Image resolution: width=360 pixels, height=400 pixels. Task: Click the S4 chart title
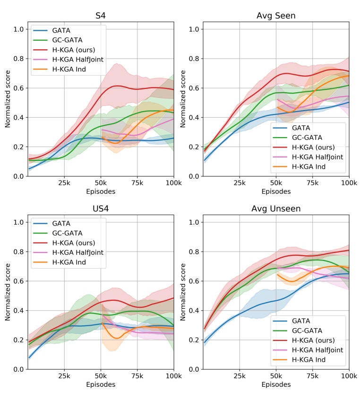(x=101, y=16)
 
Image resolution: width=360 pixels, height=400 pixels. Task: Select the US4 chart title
(x=101, y=209)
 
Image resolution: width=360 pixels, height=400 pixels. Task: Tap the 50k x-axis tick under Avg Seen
(x=276, y=183)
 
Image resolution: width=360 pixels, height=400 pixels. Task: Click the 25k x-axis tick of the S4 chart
(x=64, y=183)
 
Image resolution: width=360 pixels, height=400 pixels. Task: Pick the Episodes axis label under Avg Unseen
(x=276, y=384)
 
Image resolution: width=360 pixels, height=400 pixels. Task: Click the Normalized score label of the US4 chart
(x=8, y=294)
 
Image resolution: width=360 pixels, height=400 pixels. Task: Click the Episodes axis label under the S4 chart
(x=101, y=191)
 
